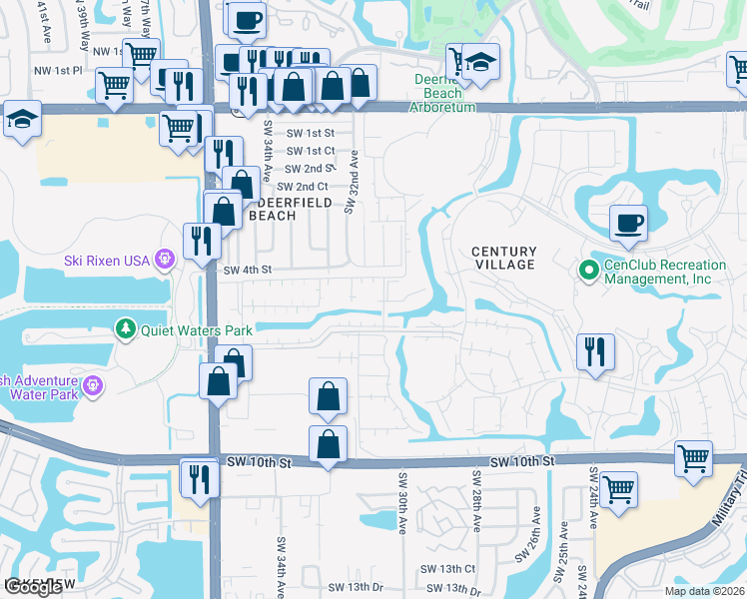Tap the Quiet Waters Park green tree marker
(125, 327)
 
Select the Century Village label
(504, 258)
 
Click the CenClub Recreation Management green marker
(588, 269)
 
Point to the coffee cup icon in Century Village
(628, 223)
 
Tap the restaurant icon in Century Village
(595, 351)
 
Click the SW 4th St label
(247, 270)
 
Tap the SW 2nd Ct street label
(303, 187)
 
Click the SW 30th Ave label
(403, 501)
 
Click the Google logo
(33, 587)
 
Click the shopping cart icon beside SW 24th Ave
(619, 490)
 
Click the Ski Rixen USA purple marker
(165, 261)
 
